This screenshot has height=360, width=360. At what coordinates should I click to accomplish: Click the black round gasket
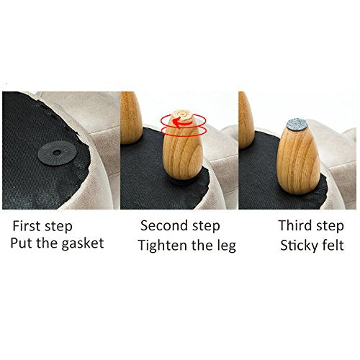tap(58, 153)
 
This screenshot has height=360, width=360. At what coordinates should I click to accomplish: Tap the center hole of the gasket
tap(57, 152)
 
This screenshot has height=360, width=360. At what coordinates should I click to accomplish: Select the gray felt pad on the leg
tap(297, 125)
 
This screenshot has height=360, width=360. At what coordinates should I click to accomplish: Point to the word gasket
tap(83, 244)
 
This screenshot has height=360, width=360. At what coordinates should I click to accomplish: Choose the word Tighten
tap(163, 246)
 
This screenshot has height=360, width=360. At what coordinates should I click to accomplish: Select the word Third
tap(295, 225)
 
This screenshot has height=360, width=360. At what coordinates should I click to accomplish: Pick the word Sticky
tap(299, 246)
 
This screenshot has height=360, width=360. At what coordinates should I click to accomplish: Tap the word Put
tap(22, 243)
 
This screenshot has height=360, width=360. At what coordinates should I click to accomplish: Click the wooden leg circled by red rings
tap(183, 147)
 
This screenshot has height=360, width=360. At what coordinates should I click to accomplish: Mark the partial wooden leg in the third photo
tap(246, 120)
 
